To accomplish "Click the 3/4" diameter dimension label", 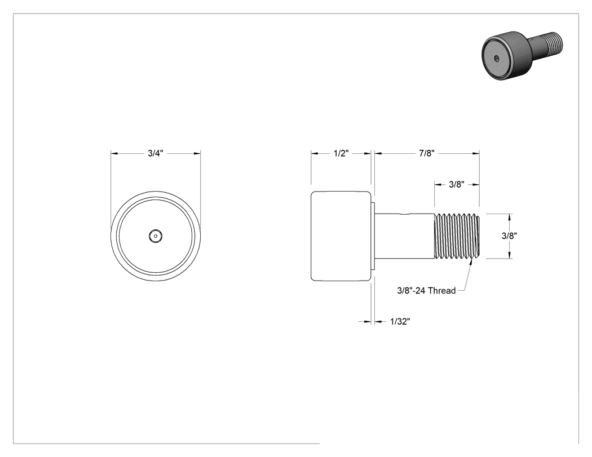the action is pyautogui.click(x=155, y=153).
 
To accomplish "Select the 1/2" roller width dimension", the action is pyautogui.click(x=341, y=153).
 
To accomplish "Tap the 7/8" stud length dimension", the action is pyautogui.click(x=427, y=153).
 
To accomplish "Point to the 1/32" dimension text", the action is pyautogui.click(x=400, y=322).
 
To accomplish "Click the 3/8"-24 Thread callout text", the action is pyautogui.click(x=426, y=291).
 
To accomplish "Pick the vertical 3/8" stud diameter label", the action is pyautogui.click(x=509, y=236).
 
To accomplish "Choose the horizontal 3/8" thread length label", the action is pyautogui.click(x=457, y=184).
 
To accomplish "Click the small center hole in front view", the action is pyautogui.click(x=155, y=236).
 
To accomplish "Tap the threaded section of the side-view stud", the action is pyautogui.click(x=457, y=236).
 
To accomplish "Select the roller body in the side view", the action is pyautogui.click(x=341, y=236).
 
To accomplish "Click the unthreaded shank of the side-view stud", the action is pyautogui.click(x=404, y=236).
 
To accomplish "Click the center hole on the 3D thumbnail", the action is pyautogui.click(x=497, y=58).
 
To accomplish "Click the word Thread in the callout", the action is pyautogui.click(x=442, y=291).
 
